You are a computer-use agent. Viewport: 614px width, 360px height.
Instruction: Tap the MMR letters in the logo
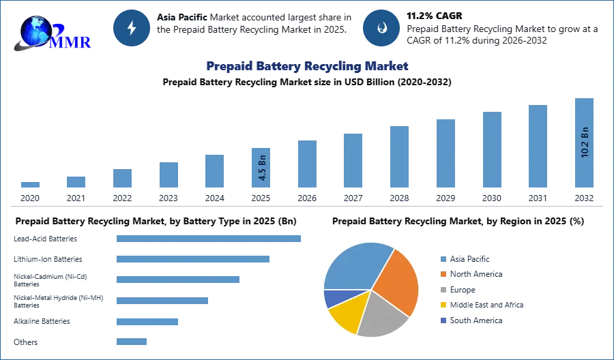click(x=70, y=43)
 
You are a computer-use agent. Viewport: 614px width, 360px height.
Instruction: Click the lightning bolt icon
click(x=132, y=28)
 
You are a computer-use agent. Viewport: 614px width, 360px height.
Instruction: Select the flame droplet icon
click(x=381, y=28)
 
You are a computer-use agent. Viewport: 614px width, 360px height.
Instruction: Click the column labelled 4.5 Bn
click(x=262, y=168)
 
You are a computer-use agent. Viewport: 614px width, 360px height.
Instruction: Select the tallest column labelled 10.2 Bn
click(x=583, y=144)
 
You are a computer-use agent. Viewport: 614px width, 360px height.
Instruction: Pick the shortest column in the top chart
click(x=30, y=185)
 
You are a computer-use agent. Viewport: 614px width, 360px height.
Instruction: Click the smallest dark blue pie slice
click(x=333, y=297)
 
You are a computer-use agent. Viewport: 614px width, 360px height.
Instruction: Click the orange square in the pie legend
click(x=443, y=274)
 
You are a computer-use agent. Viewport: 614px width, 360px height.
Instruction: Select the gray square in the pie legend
click(x=443, y=290)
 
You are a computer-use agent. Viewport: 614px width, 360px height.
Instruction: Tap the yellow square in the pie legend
click(x=443, y=305)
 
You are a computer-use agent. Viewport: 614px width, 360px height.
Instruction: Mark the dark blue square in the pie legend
click(x=443, y=321)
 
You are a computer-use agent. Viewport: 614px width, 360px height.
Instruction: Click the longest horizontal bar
click(x=209, y=239)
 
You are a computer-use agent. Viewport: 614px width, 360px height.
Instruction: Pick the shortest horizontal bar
click(x=131, y=343)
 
